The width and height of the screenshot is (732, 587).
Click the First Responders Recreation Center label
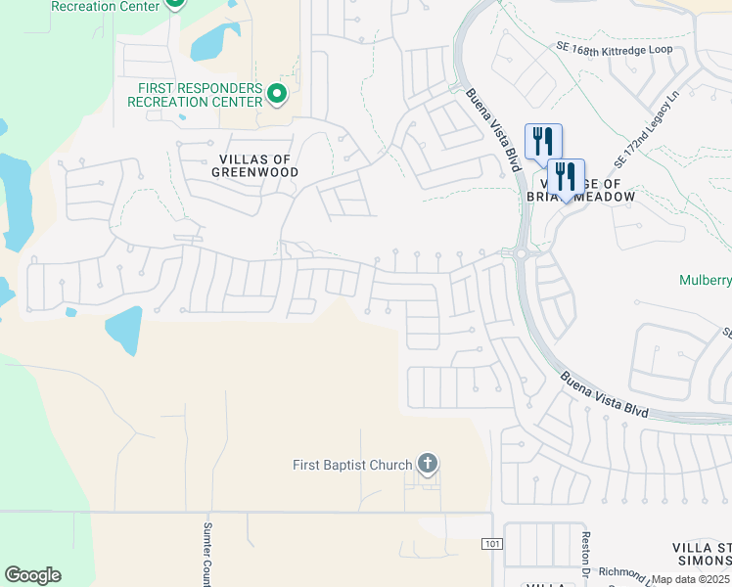200,95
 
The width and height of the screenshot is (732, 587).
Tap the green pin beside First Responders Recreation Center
276,95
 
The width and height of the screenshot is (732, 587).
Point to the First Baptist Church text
352,465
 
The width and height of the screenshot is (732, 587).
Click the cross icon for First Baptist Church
427,463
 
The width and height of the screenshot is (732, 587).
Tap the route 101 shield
490,543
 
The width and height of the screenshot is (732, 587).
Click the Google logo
32,575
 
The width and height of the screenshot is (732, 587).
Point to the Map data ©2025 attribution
691,579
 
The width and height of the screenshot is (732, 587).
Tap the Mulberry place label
706,281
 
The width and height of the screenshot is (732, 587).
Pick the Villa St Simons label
702,553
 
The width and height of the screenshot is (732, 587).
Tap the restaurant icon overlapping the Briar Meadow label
566,178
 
